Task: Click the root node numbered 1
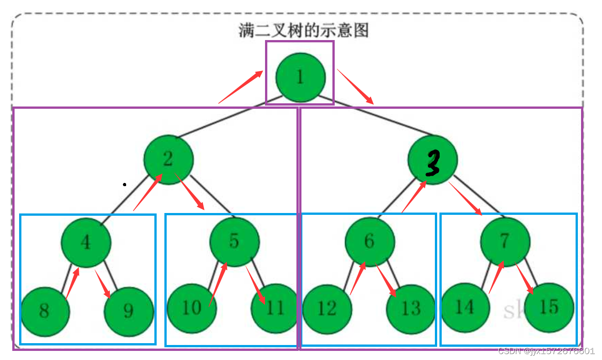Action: (x=300, y=77)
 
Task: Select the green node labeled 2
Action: (x=168, y=160)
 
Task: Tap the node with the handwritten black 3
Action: (x=432, y=160)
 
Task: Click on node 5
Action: (x=234, y=242)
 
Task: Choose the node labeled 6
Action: (x=369, y=242)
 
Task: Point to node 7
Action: (x=505, y=242)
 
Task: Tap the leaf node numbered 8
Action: (x=44, y=311)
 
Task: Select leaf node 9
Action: (x=129, y=311)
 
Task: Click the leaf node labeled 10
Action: (x=191, y=308)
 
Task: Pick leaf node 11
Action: (x=275, y=308)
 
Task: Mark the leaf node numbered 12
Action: (x=327, y=309)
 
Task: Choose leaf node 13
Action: (x=411, y=309)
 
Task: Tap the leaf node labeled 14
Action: (x=464, y=307)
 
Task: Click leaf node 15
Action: (x=549, y=307)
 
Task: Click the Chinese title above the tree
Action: (x=303, y=30)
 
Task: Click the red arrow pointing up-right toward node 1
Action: (x=241, y=87)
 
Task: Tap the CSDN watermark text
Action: (x=546, y=351)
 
